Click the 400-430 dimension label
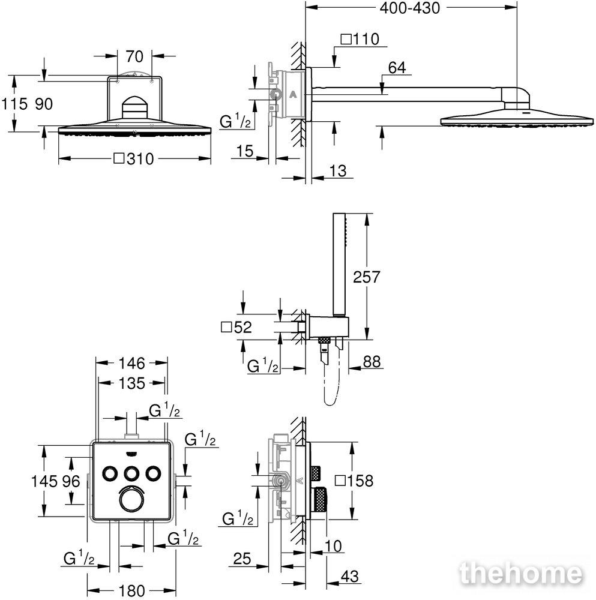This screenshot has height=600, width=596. [409, 8]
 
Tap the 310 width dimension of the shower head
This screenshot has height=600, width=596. [134, 158]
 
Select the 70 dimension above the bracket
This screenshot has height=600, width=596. [134, 56]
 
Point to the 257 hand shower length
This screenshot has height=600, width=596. [366, 277]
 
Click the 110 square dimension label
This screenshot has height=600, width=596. [360, 39]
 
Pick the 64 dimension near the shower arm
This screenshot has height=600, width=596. [397, 68]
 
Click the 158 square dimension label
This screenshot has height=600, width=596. [354, 481]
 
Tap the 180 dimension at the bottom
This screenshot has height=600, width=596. [131, 591]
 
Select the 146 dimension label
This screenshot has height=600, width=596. [131, 363]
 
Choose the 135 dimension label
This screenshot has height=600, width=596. [131, 383]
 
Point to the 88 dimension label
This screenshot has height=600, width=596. [372, 362]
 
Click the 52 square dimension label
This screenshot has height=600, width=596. [236, 327]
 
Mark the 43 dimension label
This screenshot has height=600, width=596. [349, 576]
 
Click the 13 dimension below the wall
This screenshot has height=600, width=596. [338, 170]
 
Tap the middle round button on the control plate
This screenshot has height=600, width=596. [132, 473]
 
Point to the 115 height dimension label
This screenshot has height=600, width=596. [14, 104]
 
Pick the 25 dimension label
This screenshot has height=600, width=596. [242, 559]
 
